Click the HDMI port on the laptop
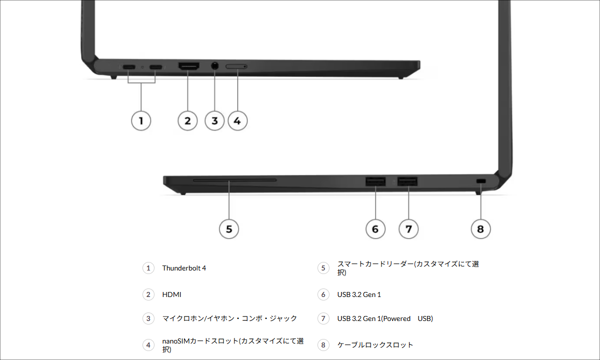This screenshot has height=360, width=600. point(188,66)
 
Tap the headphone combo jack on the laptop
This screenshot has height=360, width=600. point(215,65)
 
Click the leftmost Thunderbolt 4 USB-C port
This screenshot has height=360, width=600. point(128,66)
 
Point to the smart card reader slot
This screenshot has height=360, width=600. point(234,179)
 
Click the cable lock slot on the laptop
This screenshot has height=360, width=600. point(481,180)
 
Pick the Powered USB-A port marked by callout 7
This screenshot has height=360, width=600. point(408,181)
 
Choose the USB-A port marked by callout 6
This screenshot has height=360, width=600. point(375,181)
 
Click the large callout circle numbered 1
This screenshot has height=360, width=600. point(141,120)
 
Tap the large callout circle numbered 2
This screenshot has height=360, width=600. point(187,120)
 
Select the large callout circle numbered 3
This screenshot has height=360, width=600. point(214,120)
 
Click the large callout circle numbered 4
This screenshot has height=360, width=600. point(237,120)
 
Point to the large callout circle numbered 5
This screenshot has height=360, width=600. point(229,229)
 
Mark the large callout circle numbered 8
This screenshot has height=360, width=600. point(480,229)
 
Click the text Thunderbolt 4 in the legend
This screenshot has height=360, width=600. point(184,268)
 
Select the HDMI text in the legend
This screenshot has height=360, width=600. point(171,294)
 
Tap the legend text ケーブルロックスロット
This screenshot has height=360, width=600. point(375,344)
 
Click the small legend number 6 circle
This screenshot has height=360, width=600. point(323,294)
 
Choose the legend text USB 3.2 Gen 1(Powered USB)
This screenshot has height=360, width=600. point(385,318)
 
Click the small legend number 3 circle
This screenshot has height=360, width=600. point(148,318)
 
